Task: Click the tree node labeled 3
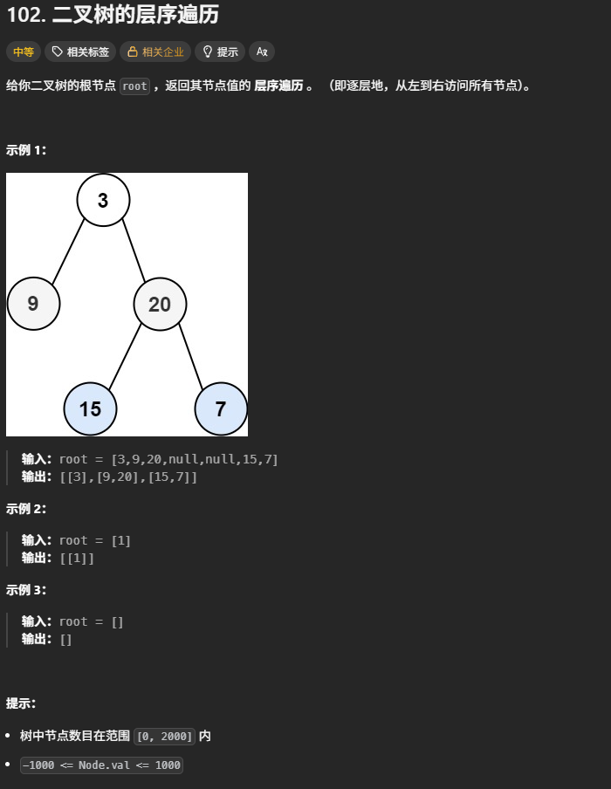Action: coord(103,200)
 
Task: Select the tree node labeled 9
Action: coord(33,304)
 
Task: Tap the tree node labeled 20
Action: coord(160,304)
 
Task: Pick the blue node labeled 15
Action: coord(90,408)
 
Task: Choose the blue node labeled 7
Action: coord(220,408)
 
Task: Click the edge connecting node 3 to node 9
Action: coord(68,252)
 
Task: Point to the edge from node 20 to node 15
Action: coord(125,356)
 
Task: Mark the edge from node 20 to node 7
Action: coord(190,356)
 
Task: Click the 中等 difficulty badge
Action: coord(23,51)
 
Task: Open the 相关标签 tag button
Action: coord(80,51)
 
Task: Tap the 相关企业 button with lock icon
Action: coord(155,51)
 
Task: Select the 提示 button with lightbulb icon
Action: coord(220,51)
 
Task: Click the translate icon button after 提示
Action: coord(262,51)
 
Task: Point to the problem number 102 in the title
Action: coord(23,15)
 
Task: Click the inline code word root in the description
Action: coord(134,86)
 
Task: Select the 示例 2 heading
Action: coord(26,509)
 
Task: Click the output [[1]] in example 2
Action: coord(77,558)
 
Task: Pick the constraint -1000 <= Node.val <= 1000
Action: coord(101,765)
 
